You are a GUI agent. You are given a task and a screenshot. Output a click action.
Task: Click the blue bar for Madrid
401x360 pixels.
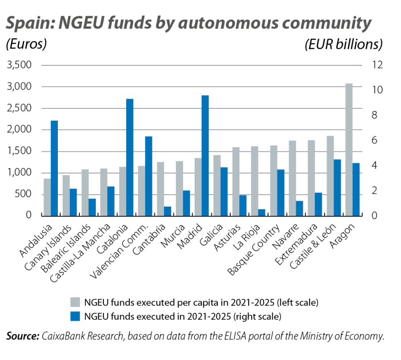(205, 155)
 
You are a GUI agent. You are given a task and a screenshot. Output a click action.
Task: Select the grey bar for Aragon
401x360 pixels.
(349, 149)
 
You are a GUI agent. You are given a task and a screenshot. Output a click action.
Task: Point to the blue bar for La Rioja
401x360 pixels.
(262, 213)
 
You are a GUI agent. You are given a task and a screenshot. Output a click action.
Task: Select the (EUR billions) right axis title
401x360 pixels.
(343, 45)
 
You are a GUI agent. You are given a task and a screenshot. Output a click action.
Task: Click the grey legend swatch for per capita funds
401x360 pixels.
(74, 303)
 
